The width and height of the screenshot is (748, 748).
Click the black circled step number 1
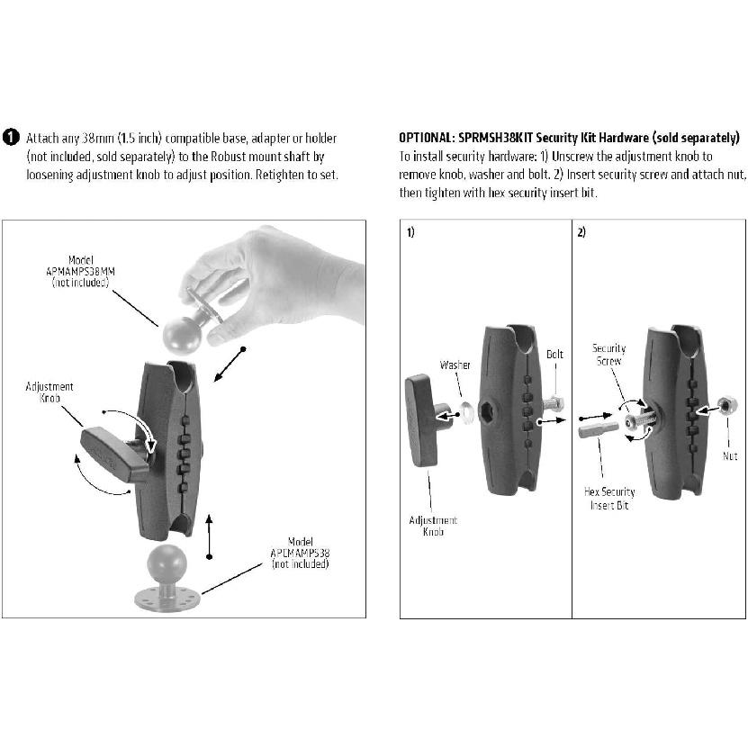pyautogui.click(x=10, y=138)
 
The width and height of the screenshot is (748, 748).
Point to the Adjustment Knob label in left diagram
pyautogui.click(x=50, y=392)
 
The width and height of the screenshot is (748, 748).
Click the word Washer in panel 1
pyautogui.click(x=455, y=366)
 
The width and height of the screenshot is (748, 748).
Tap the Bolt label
pyautogui.click(x=554, y=355)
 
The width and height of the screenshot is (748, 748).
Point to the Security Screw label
pyautogui.click(x=608, y=354)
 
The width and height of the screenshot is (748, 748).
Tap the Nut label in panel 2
pyautogui.click(x=729, y=456)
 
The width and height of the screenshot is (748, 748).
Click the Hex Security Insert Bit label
pyautogui.click(x=609, y=499)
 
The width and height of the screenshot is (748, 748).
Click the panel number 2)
pyautogui.click(x=581, y=232)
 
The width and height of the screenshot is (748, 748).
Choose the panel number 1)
pyautogui.click(x=410, y=232)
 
